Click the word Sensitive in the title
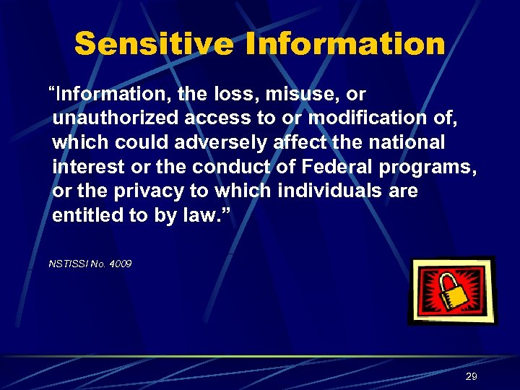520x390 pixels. tap(155, 44)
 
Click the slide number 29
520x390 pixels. tap(472, 376)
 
